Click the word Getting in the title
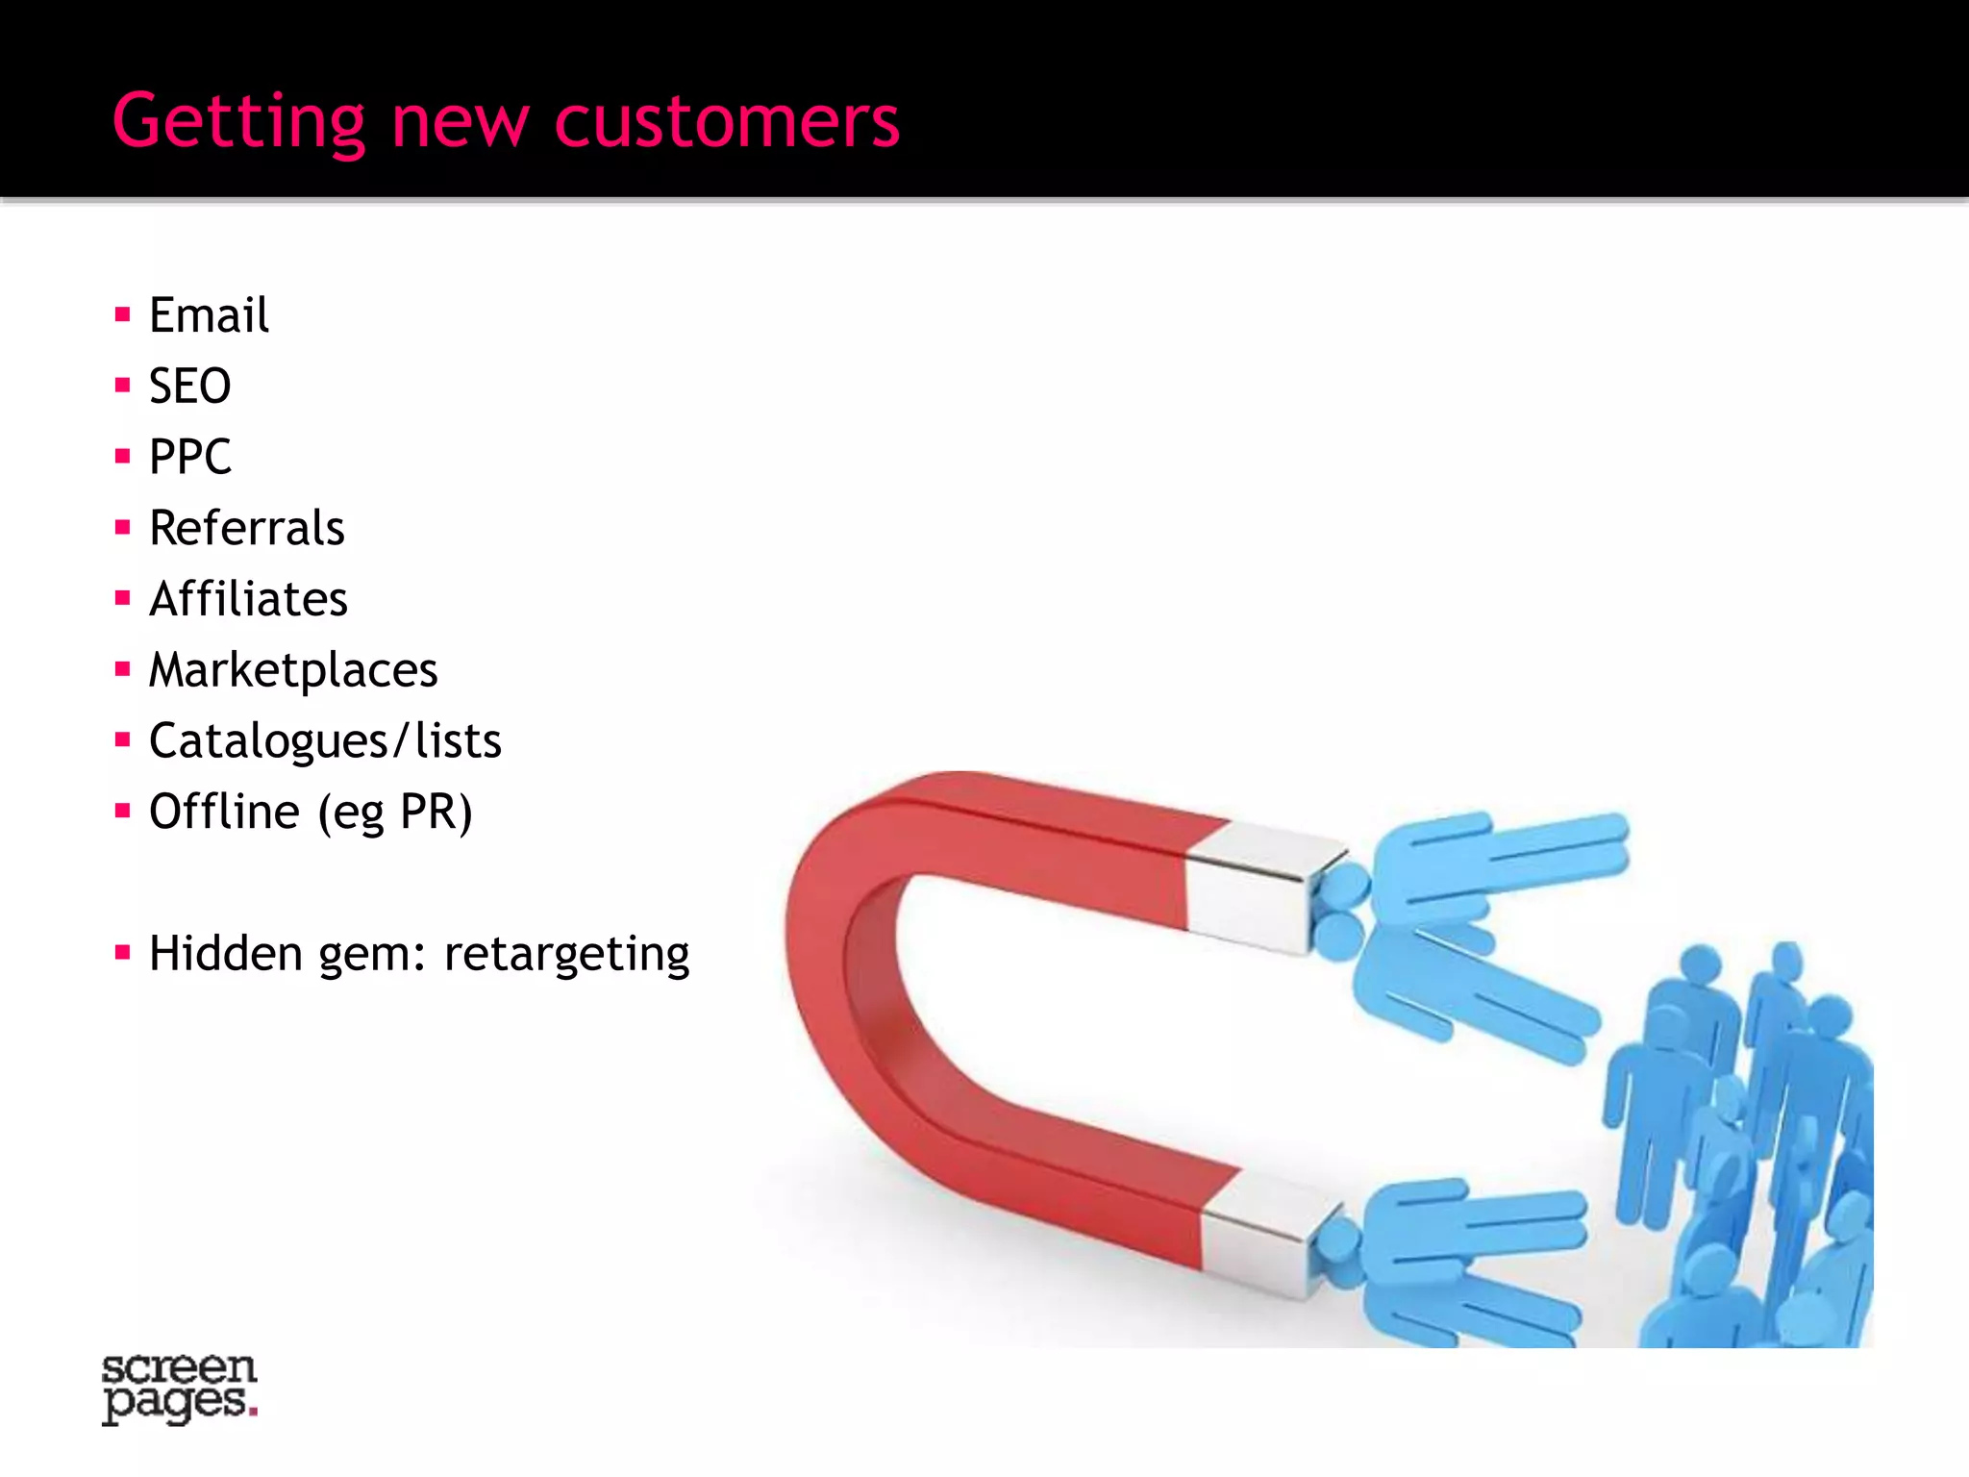click(238, 123)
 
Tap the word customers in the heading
click(727, 123)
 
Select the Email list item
click(209, 315)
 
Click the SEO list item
click(189, 387)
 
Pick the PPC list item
click(189, 457)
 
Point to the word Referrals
click(246, 528)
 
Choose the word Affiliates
click(248, 599)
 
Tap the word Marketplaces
click(292, 670)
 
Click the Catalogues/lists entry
click(325, 741)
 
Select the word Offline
click(224, 812)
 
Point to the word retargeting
click(566, 955)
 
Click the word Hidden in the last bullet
click(226, 954)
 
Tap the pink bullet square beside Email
click(122, 314)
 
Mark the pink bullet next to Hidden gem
click(122, 953)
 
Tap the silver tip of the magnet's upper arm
click(1259, 885)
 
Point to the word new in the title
click(460, 123)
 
